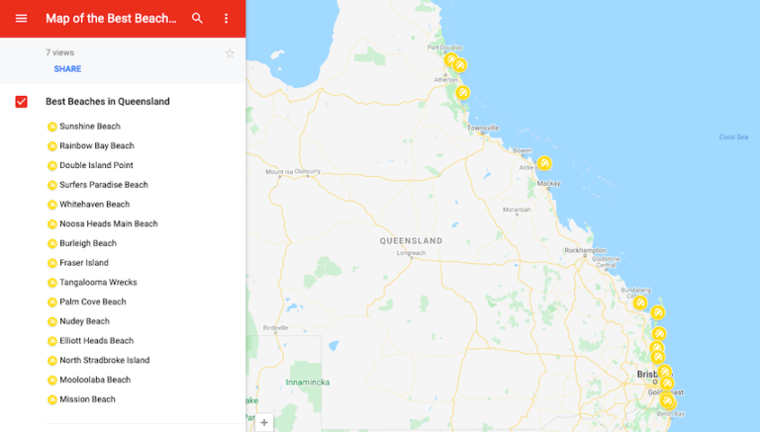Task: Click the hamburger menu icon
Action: click(x=21, y=18)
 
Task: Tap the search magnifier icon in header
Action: click(x=198, y=18)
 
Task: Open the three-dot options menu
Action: click(x=226, y=18)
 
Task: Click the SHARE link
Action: click(x=67, y=69)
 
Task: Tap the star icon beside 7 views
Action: click(x=230, y=53)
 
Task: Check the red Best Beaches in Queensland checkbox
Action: click(x=22, y=102)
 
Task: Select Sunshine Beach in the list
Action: click(x=89, y=127)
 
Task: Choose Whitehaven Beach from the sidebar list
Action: click(x=94, y=205)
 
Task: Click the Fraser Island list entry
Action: click(x=83, y=263)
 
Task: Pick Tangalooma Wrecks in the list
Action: click(x=98, y=283)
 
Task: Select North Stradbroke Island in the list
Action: click(x=104, y=361)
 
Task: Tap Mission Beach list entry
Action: click(x=87, y=399)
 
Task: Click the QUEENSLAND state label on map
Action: click(x=412, y=240)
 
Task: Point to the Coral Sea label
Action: click(x=733, y=136)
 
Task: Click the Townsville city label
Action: click(x=484, y=128)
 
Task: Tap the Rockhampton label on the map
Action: click(x=584, y=250)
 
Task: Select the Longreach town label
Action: click(x=411, y=252)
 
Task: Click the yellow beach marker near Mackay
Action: click(x=544, y=163)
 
